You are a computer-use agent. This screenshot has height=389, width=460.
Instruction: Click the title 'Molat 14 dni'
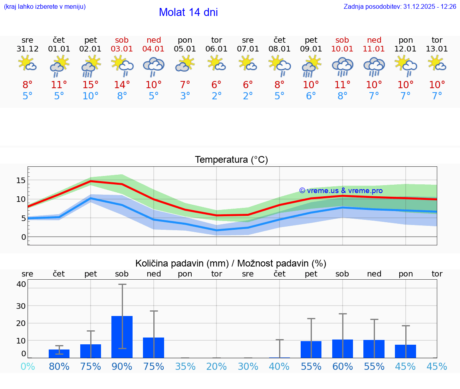coord(188,12)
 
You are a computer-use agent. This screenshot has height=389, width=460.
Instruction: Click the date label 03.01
coord(122,49)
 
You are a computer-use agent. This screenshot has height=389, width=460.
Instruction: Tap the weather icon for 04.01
coord(154,66)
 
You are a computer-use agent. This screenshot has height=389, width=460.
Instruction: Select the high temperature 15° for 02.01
coord(91,85)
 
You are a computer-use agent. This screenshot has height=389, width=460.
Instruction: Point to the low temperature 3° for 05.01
coord(185,96)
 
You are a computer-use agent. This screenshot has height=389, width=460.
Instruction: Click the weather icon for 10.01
coord(342,66)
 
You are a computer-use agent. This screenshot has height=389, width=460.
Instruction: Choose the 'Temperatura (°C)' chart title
coord(231,160)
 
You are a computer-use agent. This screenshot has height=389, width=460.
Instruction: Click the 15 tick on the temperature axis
coord(21,180)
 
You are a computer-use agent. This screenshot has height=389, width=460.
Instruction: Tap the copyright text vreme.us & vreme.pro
coord(341,191)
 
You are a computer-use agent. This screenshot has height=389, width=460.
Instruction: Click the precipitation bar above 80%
coord(59,353)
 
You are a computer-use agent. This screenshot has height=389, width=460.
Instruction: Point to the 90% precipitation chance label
coord(122,366)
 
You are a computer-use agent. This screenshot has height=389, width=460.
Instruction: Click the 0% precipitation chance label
coord(28,366)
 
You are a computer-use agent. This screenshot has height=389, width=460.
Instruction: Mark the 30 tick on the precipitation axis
coord(21,306)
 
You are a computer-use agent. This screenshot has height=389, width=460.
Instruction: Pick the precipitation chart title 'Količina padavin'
coord(231,263)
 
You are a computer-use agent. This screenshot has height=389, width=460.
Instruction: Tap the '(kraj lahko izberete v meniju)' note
coord(45,7)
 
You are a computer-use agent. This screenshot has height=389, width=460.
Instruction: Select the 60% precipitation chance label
coord(342,366)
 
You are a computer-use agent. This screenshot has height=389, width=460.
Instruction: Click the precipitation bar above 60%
coord(342,349)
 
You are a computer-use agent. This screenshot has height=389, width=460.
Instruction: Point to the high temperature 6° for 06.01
coord(216,85)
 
